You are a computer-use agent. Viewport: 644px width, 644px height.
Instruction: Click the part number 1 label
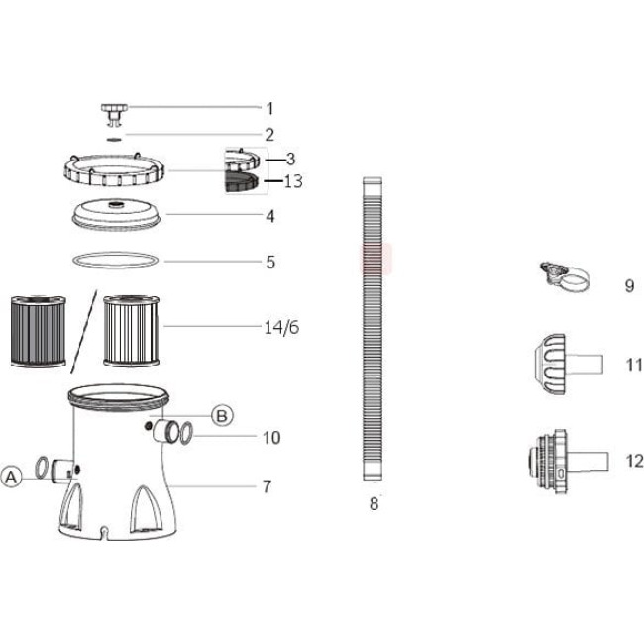tap(269, 109)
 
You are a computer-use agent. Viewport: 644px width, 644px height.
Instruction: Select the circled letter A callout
tap(11, 477)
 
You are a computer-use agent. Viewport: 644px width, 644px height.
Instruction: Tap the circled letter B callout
tap(222, 416)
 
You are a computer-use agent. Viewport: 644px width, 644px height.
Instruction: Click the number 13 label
tap(293, 181)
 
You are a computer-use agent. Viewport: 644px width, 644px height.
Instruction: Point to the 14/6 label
tap(281, 327)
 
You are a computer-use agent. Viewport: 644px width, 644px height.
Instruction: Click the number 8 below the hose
tap(374, 503)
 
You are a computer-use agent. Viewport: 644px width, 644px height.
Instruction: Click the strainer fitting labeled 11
tap(569, 364)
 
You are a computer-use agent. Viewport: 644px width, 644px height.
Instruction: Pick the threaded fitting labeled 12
tap(568, 462)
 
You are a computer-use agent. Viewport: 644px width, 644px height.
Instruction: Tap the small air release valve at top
tap(114, 115)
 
